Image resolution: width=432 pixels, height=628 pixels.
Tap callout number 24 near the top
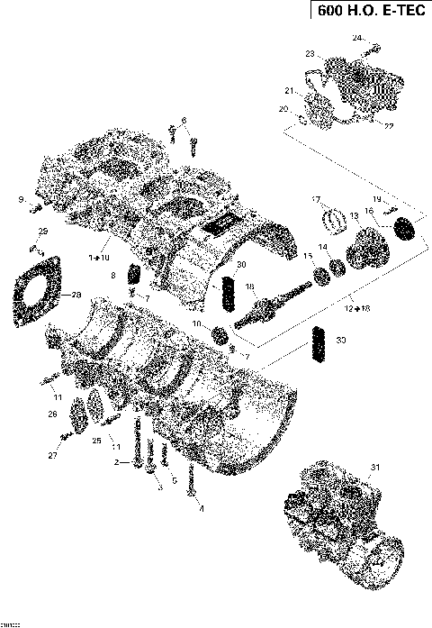click(x=356, y=38)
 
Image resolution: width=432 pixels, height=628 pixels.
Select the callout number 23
click(x=310, y=55)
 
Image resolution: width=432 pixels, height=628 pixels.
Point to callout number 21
click(x=290, y=91)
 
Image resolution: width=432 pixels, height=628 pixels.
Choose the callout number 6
click(x=183, y=121)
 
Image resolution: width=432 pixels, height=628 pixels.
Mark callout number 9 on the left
click(x=20, y=198)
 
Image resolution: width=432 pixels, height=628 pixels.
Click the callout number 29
click(x=41, y=233)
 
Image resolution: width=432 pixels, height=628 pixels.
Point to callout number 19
click(x=377, y=198)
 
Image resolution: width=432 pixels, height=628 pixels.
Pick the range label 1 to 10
click(x=98, y=259)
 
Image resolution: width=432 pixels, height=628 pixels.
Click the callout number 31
click(x=376, y=466)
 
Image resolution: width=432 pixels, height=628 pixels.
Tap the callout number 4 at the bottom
click(x=201, y=509)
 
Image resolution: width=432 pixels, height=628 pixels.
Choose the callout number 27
click(x=52, y=458)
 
